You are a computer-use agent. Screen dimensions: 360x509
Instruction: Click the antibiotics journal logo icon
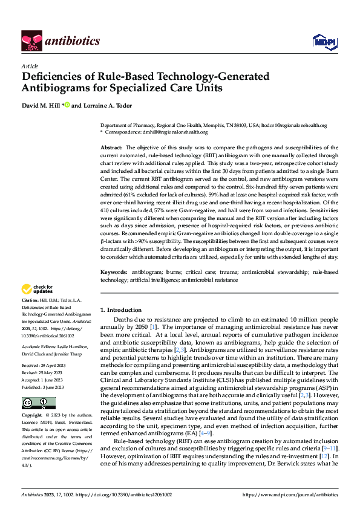point(31,41)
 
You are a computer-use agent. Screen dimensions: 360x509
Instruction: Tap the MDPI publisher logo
point(321,41)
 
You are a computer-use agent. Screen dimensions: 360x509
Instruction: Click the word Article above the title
point(30,66)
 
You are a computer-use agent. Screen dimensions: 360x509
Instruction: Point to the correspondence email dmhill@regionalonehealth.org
point(185,131)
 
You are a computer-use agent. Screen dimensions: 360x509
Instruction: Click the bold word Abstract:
point(111,148)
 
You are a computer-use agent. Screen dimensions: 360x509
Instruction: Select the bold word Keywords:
point(114,272)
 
